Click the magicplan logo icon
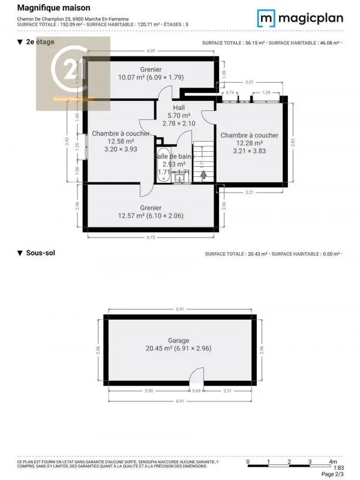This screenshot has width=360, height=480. coord(266,18)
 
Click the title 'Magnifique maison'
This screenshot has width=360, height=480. coord(53,8)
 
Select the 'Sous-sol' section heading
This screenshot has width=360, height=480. coord(40,253)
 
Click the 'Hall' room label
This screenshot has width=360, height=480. coord(179,108)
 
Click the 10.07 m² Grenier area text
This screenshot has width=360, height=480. coord(151,77)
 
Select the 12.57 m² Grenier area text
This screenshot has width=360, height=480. coord(150,216)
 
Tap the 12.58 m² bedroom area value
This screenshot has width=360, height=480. coord(121,142)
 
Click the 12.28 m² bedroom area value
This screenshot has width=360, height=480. coord(249,143)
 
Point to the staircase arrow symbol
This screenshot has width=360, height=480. coord(203,175)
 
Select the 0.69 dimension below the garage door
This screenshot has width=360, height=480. coord(197,391)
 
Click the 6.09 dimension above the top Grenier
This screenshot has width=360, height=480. coord(151,51)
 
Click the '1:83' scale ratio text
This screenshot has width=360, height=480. coord(338,468)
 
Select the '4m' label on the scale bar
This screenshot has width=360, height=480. coord(333,461)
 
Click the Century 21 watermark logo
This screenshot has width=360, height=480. coord(74,73)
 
